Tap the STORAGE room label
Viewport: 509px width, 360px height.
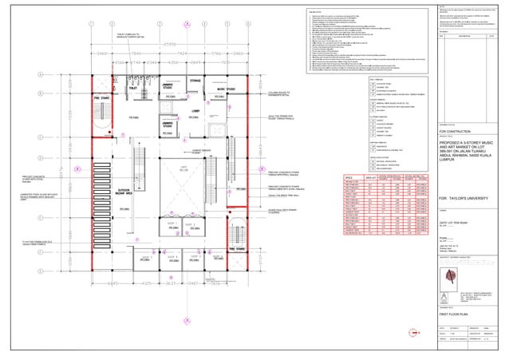tap(195, 81)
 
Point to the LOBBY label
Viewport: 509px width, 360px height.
tap(194, 112)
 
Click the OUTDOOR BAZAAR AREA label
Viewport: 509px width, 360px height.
tap(124, 212)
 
